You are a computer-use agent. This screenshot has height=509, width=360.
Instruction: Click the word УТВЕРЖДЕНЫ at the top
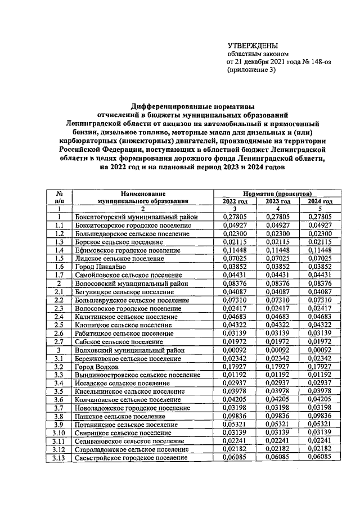point(253,46)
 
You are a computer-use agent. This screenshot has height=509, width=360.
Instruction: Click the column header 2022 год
point(235,201)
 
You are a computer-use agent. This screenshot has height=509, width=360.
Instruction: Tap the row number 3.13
point(58,458)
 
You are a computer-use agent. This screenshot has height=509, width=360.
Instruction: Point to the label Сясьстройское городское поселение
point(131,458)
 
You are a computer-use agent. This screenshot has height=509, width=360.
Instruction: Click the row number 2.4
point(58,316)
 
